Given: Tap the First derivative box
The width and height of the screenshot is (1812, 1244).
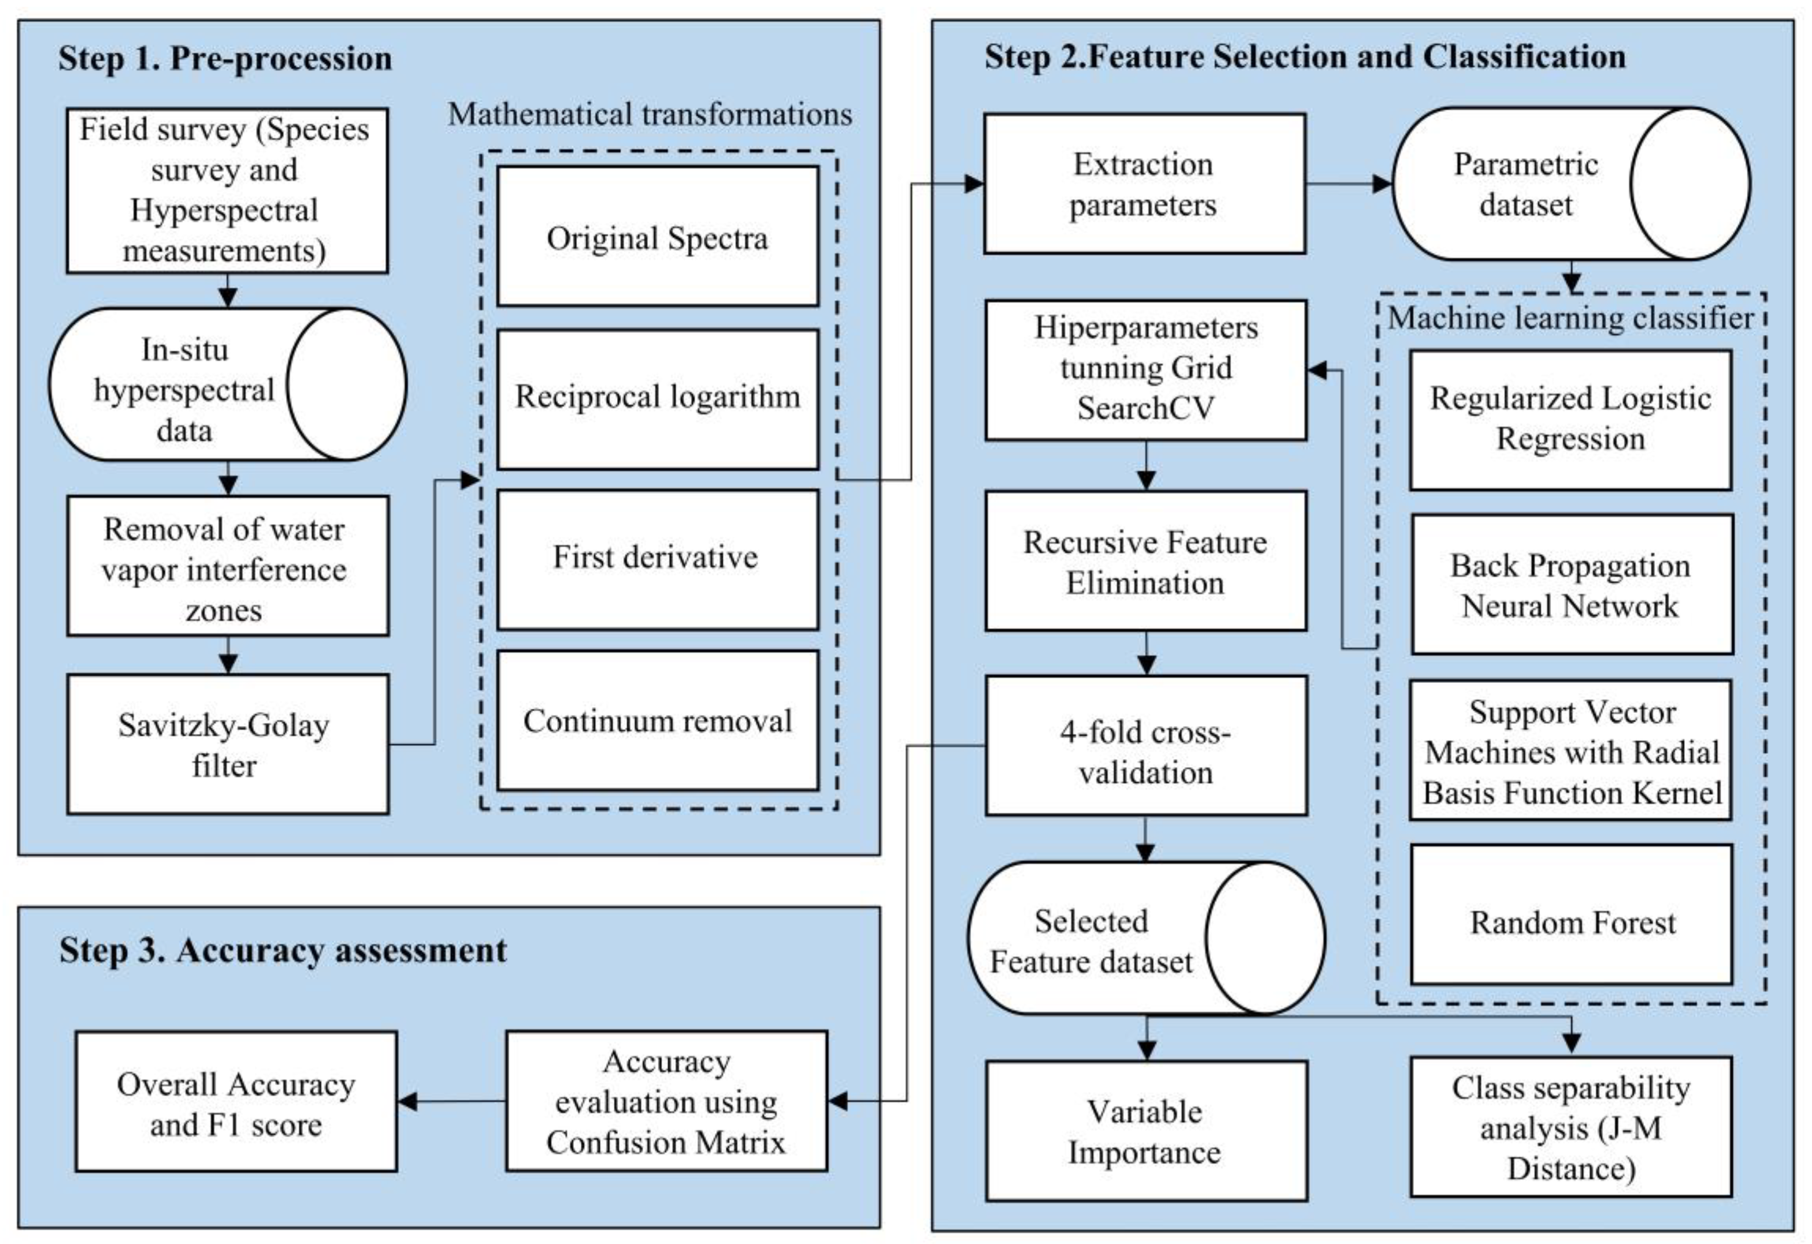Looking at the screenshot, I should (657, 559).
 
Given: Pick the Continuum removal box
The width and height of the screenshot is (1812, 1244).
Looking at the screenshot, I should (657, 721).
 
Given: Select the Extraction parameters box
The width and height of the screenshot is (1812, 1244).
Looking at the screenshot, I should (1144, 184).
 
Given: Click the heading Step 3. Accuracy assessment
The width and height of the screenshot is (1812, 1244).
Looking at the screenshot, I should (283, 951).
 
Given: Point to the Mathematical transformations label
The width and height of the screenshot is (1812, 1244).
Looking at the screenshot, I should (650, 115).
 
